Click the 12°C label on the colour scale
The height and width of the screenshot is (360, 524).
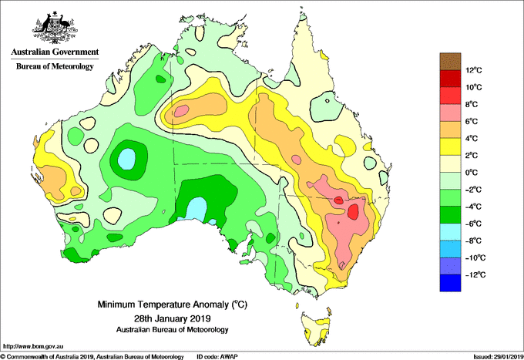[x=474, y=70]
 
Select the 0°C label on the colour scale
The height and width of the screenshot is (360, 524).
[x=472, y=173]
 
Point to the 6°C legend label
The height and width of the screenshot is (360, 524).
[x=472, y=121]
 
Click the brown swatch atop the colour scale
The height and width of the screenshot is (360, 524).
[x=450, y=62]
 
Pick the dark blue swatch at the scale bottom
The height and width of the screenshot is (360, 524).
[x=450, y=283]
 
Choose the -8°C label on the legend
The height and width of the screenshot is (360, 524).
[x=473, y=241]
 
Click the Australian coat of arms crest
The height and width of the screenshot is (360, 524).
[x=55, y=28]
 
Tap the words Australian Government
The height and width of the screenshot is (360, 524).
[x=55, y=52]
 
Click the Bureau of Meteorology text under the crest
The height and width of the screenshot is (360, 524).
[x=55, y=66]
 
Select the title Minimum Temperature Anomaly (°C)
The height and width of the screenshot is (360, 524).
[x=172, y=304]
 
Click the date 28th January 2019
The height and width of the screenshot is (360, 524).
[x=172, y=318]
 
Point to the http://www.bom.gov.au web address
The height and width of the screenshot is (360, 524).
[x=32, y=347]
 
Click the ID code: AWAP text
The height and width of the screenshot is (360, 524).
[x=217, y=357]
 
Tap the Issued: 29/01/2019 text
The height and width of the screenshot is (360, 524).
[x=499, y=357]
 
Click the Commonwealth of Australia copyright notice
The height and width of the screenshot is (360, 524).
[x=92, y=357]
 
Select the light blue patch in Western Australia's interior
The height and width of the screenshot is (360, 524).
[x=126, y=159]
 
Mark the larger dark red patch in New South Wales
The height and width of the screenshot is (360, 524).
[x=353, y=211]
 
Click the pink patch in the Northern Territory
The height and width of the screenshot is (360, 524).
[x=181, y=110]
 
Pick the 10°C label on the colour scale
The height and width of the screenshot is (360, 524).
[x=474, y=87]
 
